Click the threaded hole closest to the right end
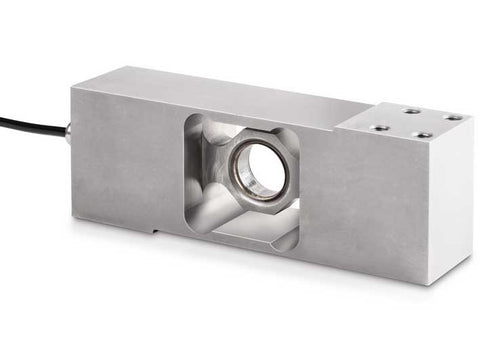coord(453,118)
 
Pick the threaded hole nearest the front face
coord(423,135)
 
